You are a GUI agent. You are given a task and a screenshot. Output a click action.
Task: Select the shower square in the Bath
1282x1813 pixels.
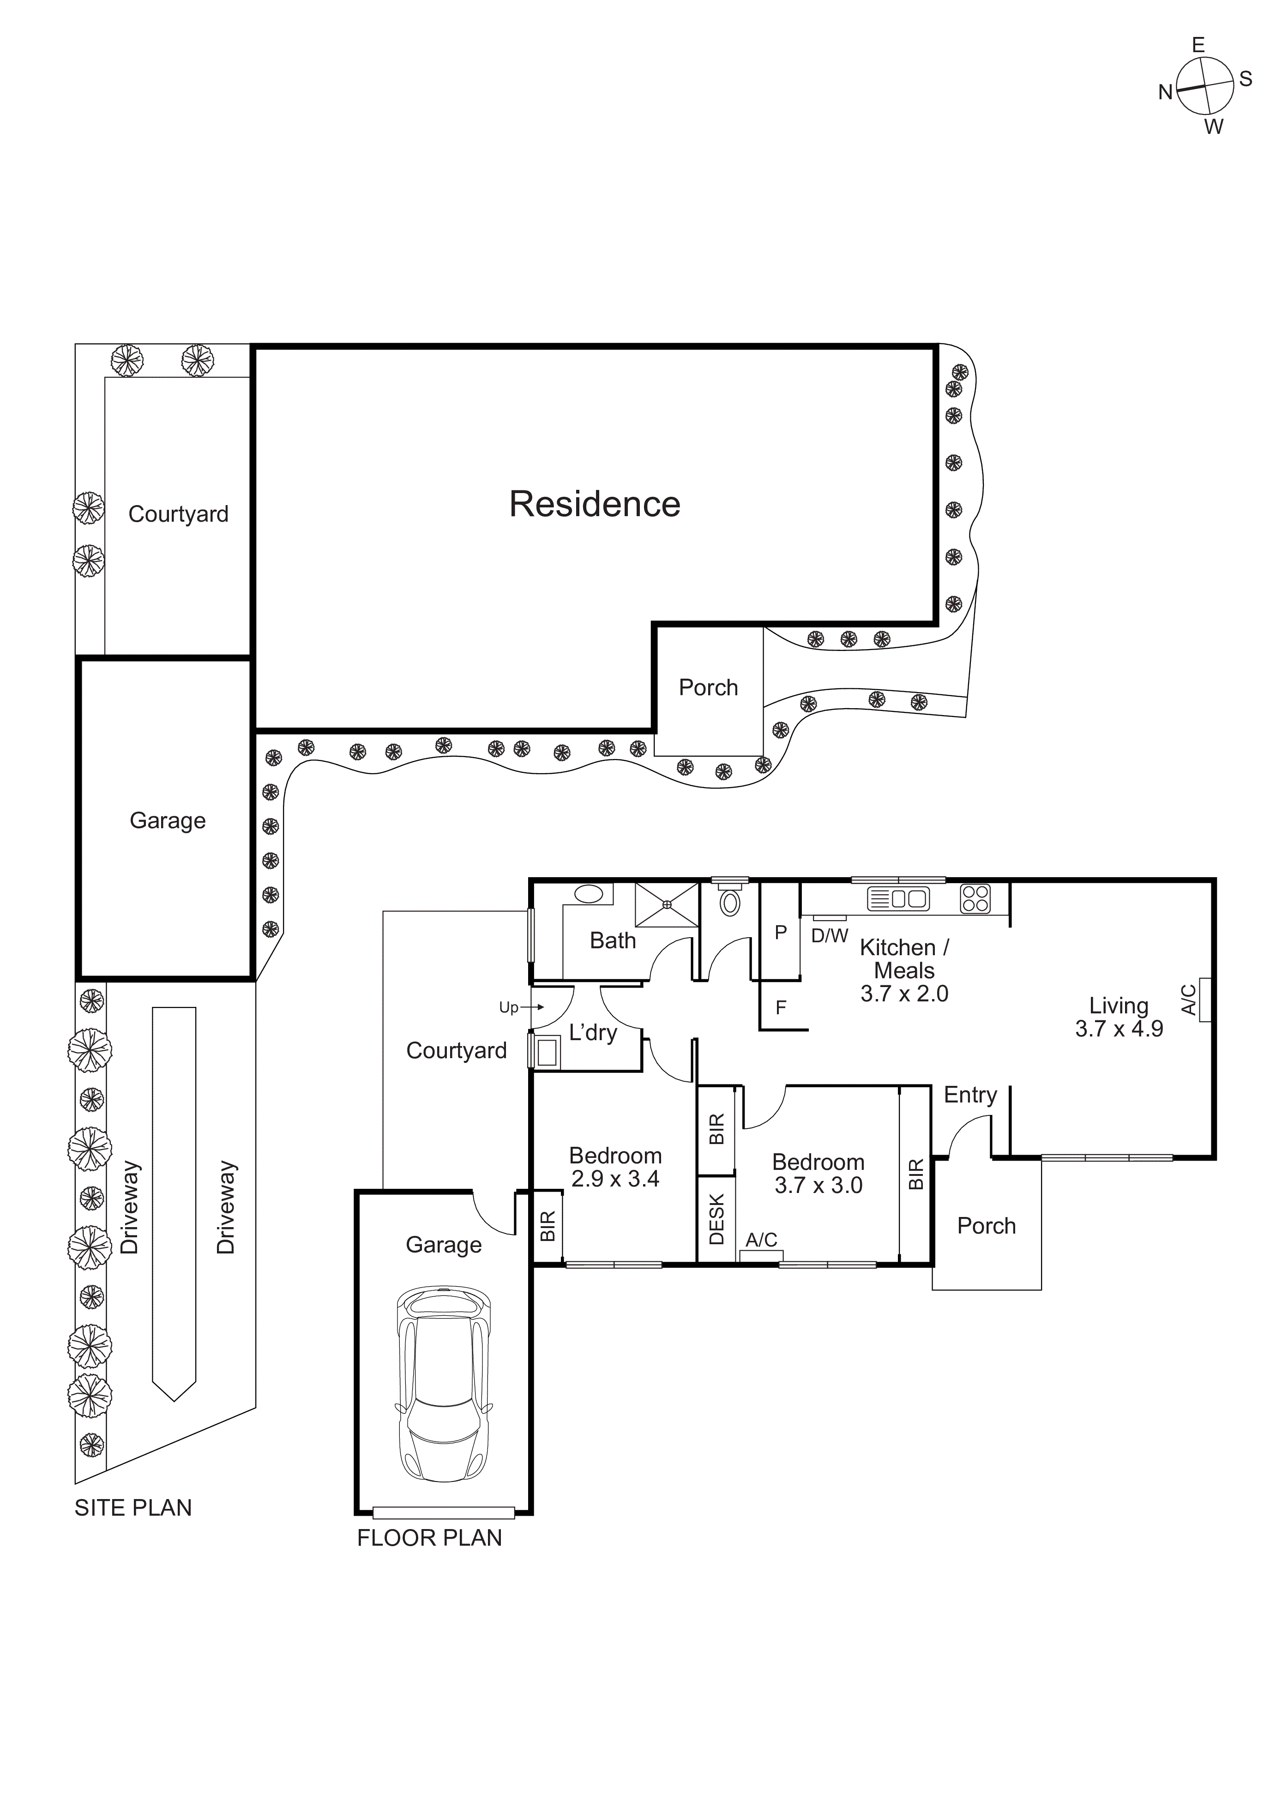click(x=667, y=904)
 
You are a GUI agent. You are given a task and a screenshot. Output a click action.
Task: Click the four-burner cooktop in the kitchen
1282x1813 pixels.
click(x=975, y=898)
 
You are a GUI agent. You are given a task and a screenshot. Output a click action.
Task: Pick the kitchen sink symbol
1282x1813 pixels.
click(x=898, y=898)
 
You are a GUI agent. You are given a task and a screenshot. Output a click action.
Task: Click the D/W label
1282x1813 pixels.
click(x=830, y=936)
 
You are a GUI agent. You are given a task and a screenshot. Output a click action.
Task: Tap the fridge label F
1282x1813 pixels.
click(x=781, y=1007)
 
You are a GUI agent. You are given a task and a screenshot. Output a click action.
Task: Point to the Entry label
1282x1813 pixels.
click(x=970, y=1095)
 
